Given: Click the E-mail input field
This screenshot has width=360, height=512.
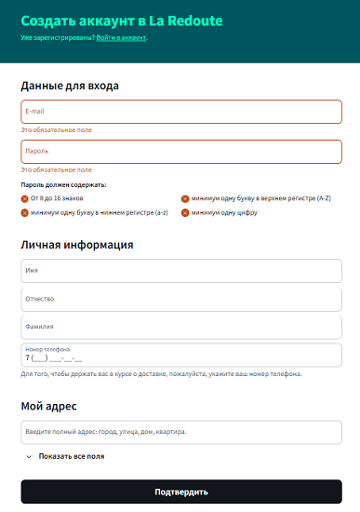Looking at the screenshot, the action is [181, 112].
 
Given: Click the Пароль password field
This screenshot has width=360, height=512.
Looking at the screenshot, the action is [181, 151].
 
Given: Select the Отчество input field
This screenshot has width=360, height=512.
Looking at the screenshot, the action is [181, 299].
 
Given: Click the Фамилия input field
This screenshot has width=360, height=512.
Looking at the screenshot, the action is [181, 327].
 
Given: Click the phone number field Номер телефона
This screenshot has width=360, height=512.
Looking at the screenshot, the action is [181, 356].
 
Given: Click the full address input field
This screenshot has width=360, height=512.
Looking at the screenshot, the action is [181, 432].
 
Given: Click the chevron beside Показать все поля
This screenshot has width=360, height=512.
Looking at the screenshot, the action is [29, 457].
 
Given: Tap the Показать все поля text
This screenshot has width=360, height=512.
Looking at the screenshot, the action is [72, 457].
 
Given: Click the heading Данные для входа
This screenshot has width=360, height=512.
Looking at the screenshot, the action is [70, 86].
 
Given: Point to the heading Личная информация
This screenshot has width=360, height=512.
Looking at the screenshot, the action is [77, 245].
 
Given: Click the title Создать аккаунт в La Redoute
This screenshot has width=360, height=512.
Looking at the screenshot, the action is [122, 20].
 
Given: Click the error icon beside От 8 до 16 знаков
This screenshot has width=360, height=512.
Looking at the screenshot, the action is [24, 198].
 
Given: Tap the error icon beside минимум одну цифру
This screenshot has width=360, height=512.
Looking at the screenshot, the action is [185, 212].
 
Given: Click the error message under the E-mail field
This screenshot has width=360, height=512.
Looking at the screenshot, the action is [57, 129].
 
